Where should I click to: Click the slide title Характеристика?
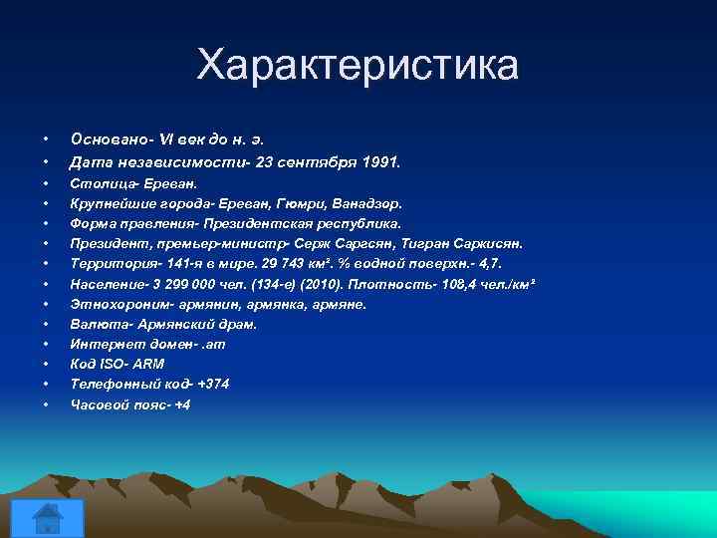click(x=358, y=66)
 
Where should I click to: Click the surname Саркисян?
click(x=488, y=244)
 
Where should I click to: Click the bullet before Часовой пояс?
click(x=46, y=404)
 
